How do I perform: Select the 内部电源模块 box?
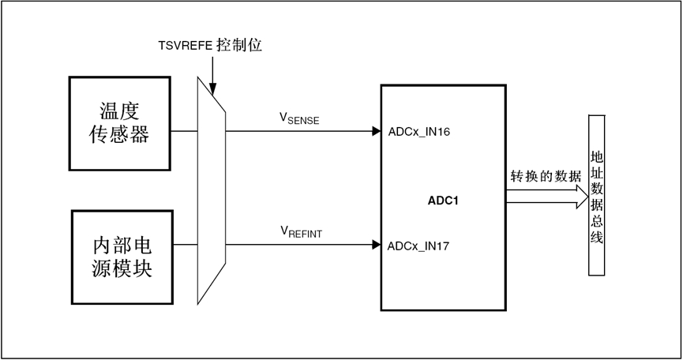coord(122,257)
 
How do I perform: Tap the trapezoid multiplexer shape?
coord(211,189)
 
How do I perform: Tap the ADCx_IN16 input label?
coord(419,132)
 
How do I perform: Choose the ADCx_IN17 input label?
coord(418,246)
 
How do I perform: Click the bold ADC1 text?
coord(443,201)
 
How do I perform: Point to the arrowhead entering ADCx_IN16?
coord(376,131)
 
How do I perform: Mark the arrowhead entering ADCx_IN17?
coord(376,245)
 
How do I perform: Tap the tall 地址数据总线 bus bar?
coord(597,194)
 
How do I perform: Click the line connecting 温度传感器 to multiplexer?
coord(184,131)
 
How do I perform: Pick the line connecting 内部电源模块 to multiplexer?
coord(185,245)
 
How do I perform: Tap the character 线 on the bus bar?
coord(597,237)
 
